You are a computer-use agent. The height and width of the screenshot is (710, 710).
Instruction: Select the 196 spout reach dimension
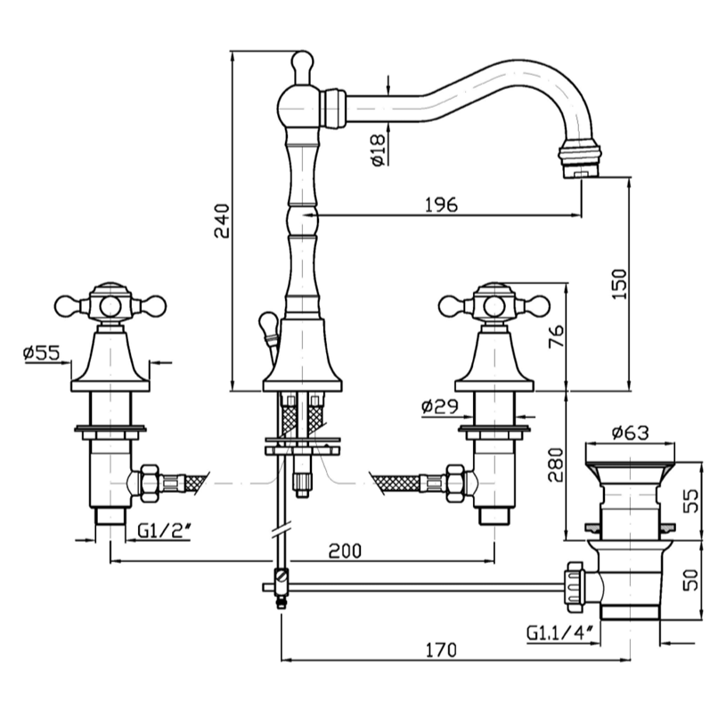441,204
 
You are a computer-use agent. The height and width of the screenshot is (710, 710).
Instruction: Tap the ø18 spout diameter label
377,150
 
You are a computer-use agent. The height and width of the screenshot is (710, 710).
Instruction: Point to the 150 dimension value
622,283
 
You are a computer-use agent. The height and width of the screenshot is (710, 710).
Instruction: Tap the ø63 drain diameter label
630,434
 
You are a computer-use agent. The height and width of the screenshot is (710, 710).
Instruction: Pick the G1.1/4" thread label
559,633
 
